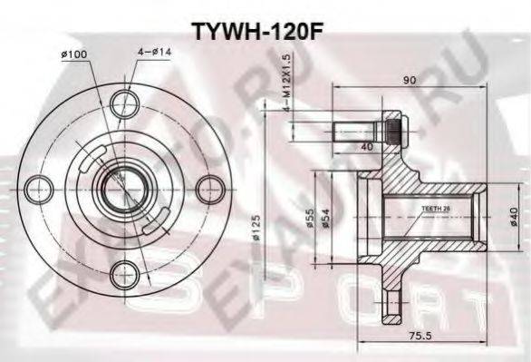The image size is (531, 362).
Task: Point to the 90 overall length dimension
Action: [410, 80]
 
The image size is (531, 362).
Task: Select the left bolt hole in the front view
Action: [38, 190]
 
